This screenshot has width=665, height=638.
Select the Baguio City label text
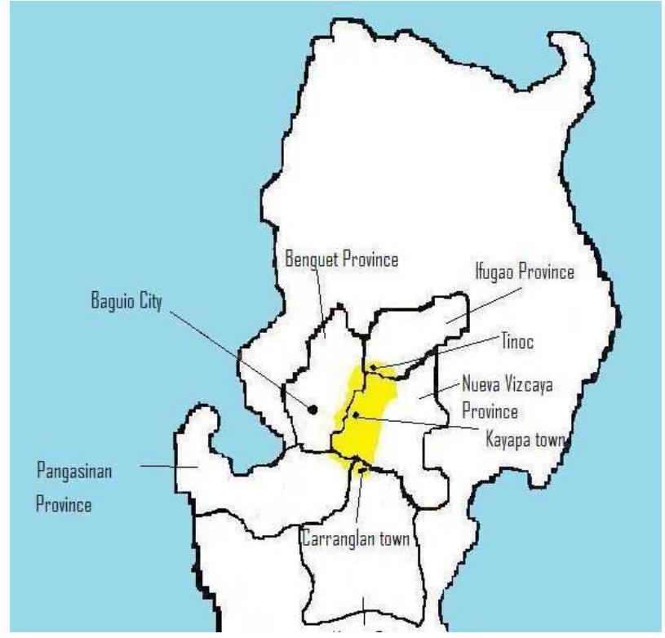(126, 302)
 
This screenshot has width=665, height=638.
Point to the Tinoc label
(516, 343)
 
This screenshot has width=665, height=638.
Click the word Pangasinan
(75, 472)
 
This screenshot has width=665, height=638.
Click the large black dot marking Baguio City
(313, 408)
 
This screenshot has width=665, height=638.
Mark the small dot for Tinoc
(374, 368)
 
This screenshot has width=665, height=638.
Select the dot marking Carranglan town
(360, 468)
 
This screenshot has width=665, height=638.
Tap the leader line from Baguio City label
(237, 355)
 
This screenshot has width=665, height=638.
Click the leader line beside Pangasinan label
(167, 466)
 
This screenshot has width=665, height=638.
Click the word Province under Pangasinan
(63, 503)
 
